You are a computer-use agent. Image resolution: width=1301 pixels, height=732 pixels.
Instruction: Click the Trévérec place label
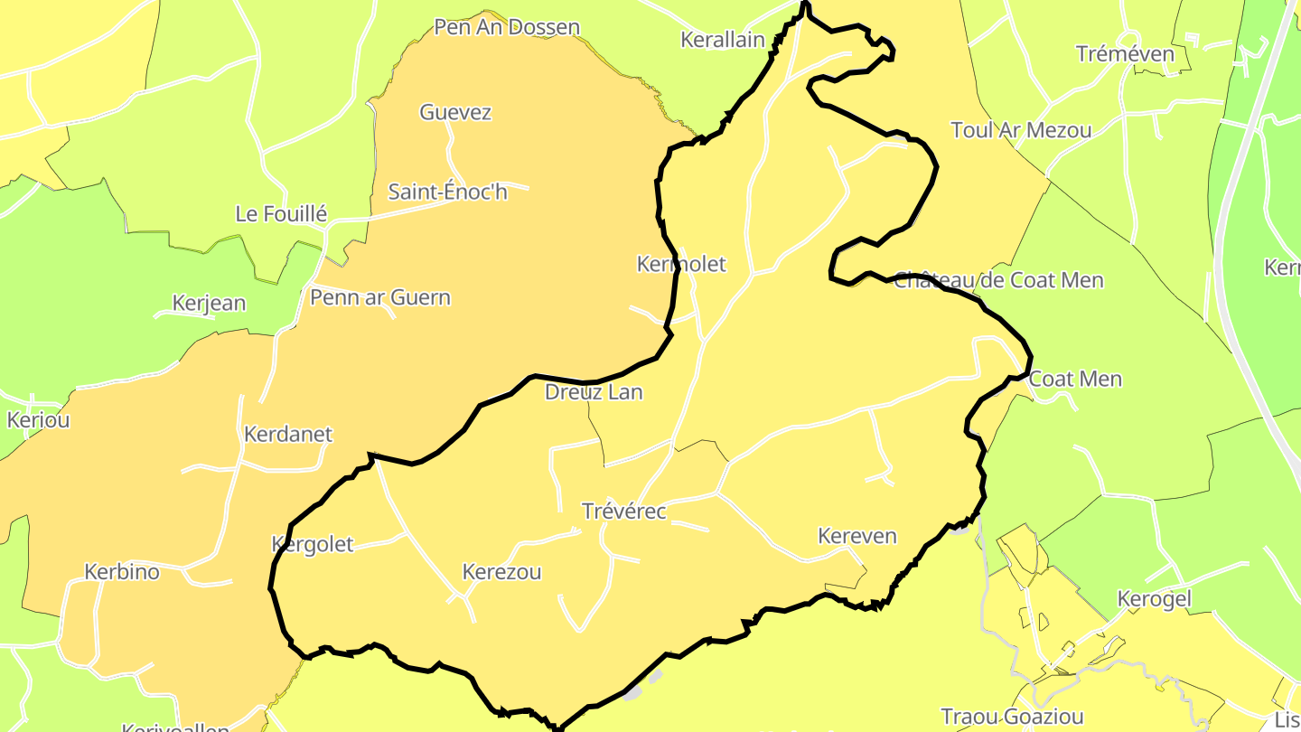pyautogui.click(x=624, y=511)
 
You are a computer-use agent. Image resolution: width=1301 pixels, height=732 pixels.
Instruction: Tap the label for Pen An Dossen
pyautogui.click(x=507, y=27)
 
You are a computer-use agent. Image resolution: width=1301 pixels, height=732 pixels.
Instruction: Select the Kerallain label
pyautogui.click(x=723, y=40)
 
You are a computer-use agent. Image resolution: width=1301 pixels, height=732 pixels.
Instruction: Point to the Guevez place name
pyautogui.click(x=455, y=112)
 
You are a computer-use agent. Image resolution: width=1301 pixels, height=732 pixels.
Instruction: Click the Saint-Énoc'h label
pyautogui.click(x=448, y=192)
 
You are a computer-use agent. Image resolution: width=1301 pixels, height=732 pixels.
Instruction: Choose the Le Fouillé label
pyautogui.click(x=281, y=214)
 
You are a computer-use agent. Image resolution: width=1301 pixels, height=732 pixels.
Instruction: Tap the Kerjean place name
pyautogui.click(x=209, y=303)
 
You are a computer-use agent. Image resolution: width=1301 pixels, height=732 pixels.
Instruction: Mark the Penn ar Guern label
pyautogui.click(x=380, y=297)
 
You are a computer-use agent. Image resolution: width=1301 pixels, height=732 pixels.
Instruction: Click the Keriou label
pyautogui.click(x=38, y=420)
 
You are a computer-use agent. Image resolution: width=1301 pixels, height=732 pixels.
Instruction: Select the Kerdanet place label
pyautogui.click(x=288, y=434)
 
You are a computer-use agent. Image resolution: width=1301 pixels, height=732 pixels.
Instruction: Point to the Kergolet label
pyautogui.click(x=313, y=544)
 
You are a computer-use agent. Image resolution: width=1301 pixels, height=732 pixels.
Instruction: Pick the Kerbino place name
pyautogui.click(x=122, y=572)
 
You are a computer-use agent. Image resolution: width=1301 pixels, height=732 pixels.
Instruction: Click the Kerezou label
pyautogui.click(x=501, y=572)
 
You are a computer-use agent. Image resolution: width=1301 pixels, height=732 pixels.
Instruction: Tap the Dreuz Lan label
pyautogui.click(x=594, y=392)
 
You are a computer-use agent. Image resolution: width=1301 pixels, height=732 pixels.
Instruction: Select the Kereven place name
pyautogui.click(x=857, y=536)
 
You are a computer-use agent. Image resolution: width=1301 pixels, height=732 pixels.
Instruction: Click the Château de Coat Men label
pyautogui.click(x=998, y=280)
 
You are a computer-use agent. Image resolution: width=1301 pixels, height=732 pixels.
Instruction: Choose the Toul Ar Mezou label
pyautogui.click(x=1021, y=130)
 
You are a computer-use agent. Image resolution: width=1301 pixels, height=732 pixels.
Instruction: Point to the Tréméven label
pyautogui.click(x=1126, y=54)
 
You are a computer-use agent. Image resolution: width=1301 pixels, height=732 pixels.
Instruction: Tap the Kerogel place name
pyautogui.click(x=1155, y=599)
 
